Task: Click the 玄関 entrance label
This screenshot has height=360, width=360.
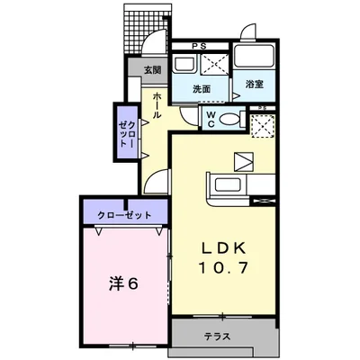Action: click(153, 70)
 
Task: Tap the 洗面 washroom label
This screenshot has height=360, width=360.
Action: click(202, 89)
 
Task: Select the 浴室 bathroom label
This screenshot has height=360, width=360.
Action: click(255, 85)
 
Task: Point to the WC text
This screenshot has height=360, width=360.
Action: click(211, 120)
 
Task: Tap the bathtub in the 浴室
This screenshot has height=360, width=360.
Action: click(254, 56)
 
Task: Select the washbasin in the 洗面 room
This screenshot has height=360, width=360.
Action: click(184, 64)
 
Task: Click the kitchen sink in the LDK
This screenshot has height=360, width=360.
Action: click(229, 185)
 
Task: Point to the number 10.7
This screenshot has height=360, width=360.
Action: click(223, 267)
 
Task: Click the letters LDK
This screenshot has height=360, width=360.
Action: click(223, 247)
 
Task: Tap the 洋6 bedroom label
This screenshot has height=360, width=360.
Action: click(123, 283)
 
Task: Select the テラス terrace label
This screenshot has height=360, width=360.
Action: click(218, 337)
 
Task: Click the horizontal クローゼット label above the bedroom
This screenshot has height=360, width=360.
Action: click(124, 215)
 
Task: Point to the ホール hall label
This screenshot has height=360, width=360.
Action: click(157, 105)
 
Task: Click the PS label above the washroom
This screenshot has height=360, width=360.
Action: click(199, 46)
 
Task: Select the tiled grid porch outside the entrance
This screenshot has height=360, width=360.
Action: click(148, 30)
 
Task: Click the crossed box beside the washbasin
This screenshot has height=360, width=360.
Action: click(213, 64)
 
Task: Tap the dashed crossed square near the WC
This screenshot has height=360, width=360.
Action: click(263, 126)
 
